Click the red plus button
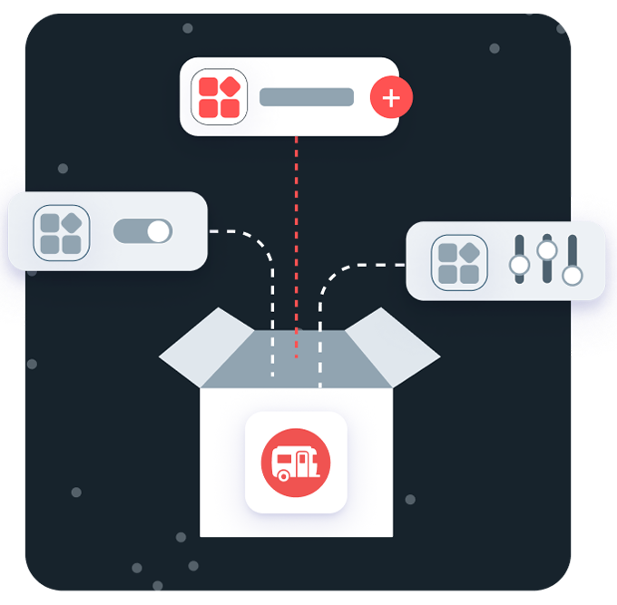(391, 98)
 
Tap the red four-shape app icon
(220, 97)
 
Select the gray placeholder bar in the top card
(307, 97)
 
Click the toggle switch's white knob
(158, 231)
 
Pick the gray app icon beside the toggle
(62, 232)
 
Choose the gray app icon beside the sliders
(459, 263)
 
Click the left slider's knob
(520, 264)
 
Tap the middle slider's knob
(546, 249)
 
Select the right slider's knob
(572, 274)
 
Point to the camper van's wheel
(283, 474)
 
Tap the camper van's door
(313, 464)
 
